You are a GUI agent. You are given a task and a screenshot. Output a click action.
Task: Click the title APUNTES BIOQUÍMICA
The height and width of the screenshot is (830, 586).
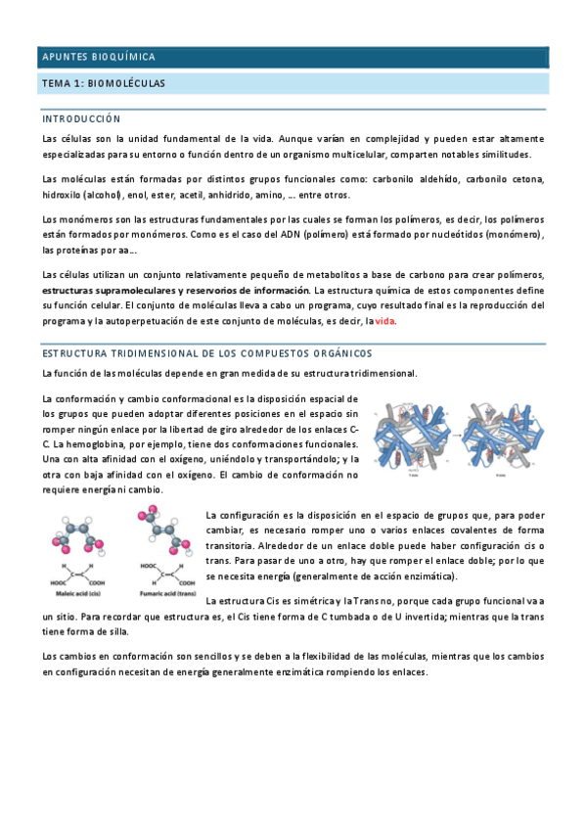(x=98, y=58)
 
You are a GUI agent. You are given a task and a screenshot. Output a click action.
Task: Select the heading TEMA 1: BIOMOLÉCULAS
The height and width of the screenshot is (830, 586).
(x=103, y=84)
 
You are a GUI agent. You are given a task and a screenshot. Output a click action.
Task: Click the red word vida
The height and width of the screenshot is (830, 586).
(x=385, y=321)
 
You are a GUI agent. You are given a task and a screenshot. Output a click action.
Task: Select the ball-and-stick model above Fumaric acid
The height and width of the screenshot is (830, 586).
(x=162, y=529)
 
